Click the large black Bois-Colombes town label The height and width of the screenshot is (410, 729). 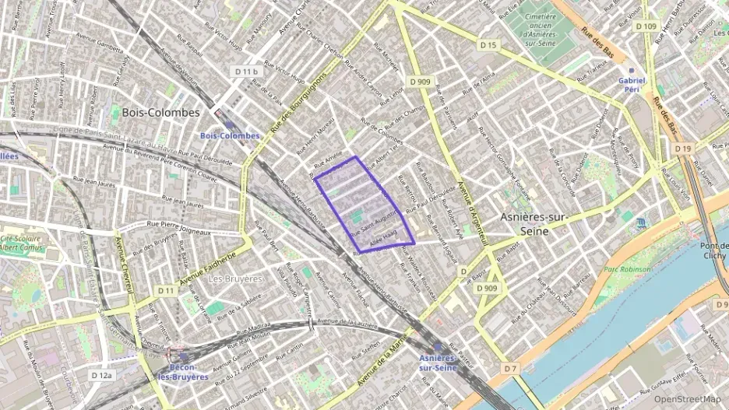coord(160,112)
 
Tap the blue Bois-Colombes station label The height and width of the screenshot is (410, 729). coord(230,135)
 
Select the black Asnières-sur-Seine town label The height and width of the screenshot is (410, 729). coord(534,224)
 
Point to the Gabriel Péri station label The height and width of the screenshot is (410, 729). coord(632,84)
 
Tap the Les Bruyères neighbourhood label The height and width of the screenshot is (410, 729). coord(236,278)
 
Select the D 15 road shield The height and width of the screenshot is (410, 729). coord(488,45)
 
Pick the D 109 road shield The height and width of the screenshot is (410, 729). coord(645,26)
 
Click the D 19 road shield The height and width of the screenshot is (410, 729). coord(683,148)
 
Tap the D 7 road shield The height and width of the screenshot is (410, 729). coord(509,368)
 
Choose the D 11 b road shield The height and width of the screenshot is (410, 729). coord(245,72)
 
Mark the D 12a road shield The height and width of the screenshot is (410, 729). coord(101,375)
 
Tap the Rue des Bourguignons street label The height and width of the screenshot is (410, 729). coord(297,112)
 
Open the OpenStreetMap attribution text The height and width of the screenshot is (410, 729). coord(686,399)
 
